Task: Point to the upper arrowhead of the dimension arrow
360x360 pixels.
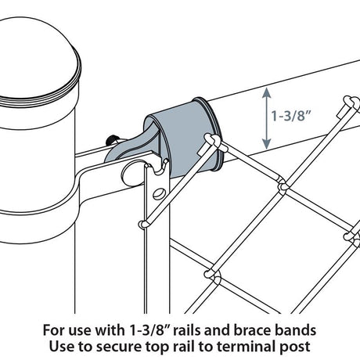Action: [x=268, y=93]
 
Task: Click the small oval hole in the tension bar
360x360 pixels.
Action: [x=159, y=193]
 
